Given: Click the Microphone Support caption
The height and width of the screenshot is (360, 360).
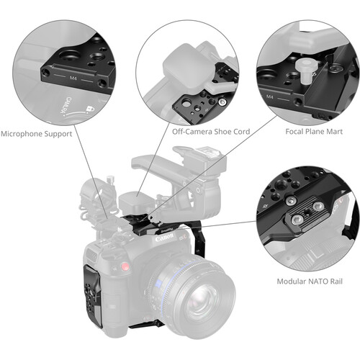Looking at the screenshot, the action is coord(37,134).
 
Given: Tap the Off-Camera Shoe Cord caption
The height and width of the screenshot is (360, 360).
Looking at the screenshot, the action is coord(211,132).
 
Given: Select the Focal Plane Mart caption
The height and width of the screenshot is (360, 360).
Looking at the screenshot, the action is coord(314,132).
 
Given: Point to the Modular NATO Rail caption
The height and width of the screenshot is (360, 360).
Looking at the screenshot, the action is coord(310,282).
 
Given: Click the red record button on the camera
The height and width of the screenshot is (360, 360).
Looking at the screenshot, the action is coord(125,266).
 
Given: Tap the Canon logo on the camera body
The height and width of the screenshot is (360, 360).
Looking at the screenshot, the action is coord(164,238).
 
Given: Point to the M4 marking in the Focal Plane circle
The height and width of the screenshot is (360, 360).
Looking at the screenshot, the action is coord(270,97).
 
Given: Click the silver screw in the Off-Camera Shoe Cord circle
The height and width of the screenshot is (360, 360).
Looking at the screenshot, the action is coord(222,102).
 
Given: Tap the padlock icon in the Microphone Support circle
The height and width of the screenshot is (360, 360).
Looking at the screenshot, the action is coord(90,109).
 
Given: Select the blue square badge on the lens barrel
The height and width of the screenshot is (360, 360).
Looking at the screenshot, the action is coord(158,284).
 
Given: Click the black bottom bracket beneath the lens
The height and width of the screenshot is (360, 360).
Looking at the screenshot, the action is coord(146,325).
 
